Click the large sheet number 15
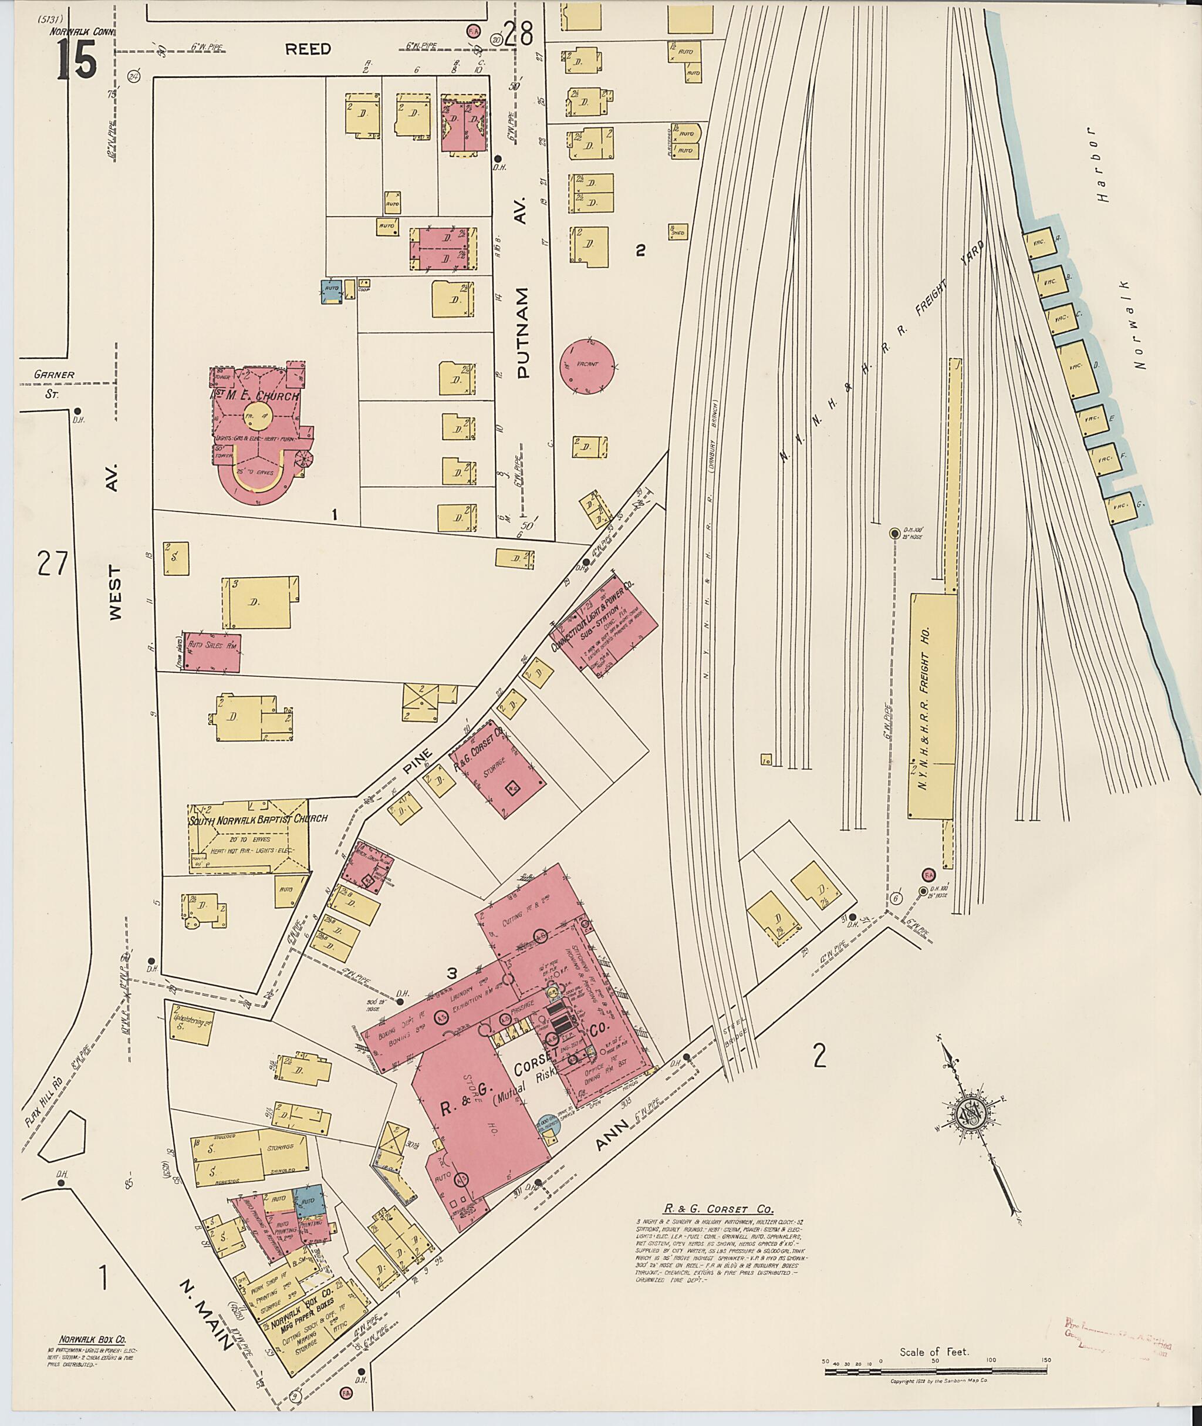(76, 59)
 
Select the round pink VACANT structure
(589, 365)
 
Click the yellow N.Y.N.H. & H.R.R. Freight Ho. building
(931, 706)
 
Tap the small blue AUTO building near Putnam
(332, 291)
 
